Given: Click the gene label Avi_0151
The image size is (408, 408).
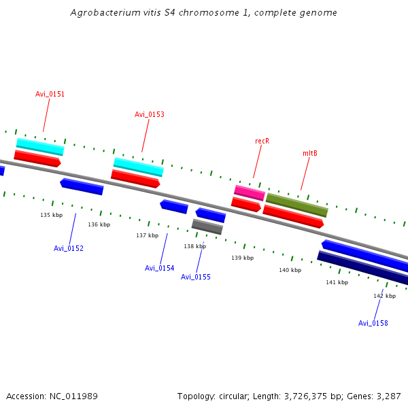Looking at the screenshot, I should tap(50, 94).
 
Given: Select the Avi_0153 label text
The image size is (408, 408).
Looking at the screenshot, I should tap(149, 114).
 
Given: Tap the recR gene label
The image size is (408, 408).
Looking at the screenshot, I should tap(262, 141).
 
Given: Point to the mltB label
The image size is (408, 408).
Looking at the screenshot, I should tap(309, 153).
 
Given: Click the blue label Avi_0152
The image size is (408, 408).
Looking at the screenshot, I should tap(69, 248).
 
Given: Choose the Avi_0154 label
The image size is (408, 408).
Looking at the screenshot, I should tap(159, 268).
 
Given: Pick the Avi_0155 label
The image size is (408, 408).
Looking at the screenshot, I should tap(196, 277).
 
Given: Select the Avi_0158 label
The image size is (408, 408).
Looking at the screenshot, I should tap(373, 323).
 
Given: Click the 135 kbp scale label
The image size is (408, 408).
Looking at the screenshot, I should tap(51, 215).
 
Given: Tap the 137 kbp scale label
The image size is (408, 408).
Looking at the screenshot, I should tap(147, 235).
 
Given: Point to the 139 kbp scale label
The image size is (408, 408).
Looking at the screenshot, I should tap(242, 258).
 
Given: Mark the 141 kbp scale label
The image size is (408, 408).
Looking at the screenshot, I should tap(337, 282).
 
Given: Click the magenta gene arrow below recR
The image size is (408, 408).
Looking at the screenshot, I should tap(249, 192).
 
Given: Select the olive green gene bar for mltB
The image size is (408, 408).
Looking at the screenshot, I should tap(296, 205).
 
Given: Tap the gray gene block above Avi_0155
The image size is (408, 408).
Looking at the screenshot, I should tap(207, 226).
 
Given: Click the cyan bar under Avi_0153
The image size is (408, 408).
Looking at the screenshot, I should tap(138, 167).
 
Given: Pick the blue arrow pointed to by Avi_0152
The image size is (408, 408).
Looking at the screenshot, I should tap(82, 186).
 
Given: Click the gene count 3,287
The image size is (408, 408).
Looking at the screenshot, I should tap(388, 396).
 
